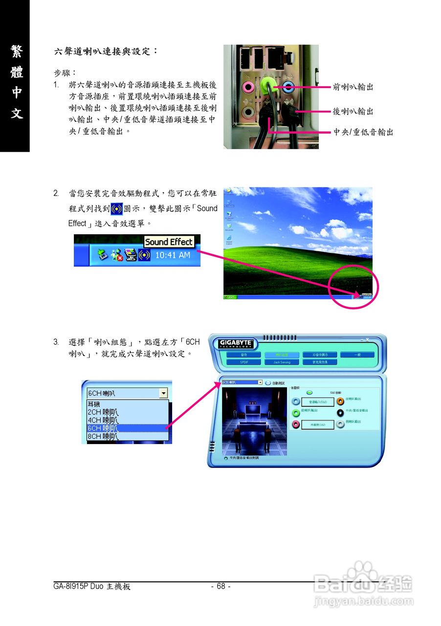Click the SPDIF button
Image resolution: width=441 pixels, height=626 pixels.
click(x=243, y=362)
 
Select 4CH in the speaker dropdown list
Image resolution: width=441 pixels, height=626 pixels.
click(x=103, y=420)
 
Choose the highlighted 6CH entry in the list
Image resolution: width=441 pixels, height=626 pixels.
click(x=103, y=428)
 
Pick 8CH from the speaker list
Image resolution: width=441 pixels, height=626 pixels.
click(x=103, y=436)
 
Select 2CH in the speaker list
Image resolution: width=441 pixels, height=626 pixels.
click(x=103, y=412)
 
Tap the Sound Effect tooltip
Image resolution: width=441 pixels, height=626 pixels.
click(x=169, y=242)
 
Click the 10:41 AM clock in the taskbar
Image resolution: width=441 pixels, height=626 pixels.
click(x=173, y=255)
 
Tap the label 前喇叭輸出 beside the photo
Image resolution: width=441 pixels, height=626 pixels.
click(x=353, y=87)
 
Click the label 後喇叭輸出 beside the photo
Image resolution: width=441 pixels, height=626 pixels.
click(x=353, y=112)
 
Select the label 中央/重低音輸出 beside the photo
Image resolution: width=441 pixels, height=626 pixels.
click(x=363, y=132)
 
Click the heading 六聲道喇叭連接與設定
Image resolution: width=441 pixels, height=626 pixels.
click(x=106, y=51)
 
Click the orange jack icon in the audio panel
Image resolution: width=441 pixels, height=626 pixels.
click(x=340, y=401)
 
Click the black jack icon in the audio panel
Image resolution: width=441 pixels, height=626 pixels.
click(x=340, y=413)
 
